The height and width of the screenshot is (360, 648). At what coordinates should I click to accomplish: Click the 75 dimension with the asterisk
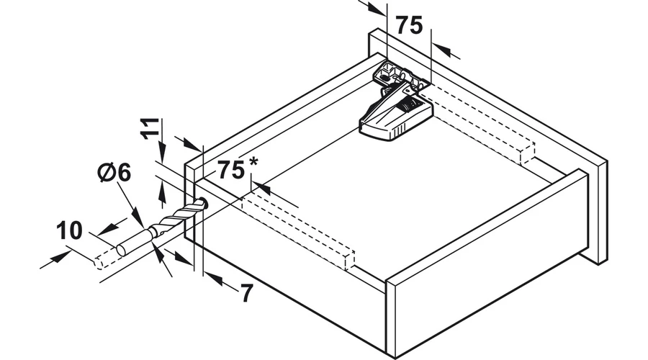point(230,171)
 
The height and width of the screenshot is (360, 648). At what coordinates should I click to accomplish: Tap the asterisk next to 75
point(253,161)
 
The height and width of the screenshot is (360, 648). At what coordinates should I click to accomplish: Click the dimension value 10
point(70,231)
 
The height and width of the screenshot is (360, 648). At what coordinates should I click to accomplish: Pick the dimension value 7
point(246,293)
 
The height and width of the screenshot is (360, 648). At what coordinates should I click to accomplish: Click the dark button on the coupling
point(410,109)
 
